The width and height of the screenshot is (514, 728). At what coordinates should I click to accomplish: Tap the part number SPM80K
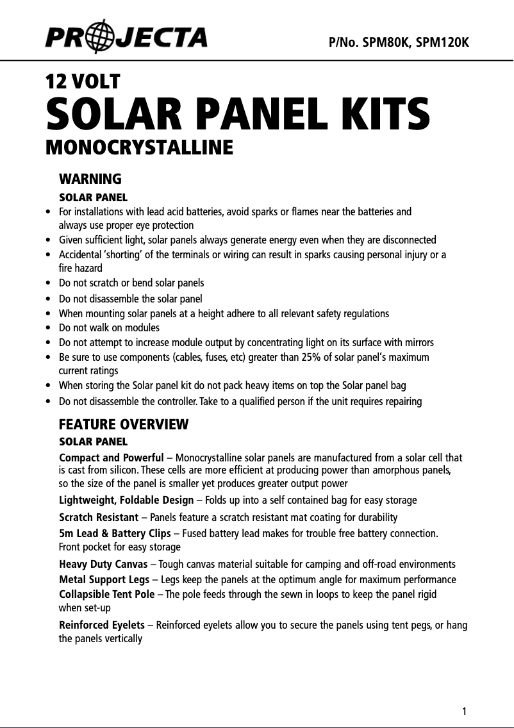(x=386, y=42)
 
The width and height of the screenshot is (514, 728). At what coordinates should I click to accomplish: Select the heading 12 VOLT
(x=83, y=81)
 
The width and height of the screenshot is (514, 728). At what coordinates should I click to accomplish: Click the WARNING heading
(x=90, y=178)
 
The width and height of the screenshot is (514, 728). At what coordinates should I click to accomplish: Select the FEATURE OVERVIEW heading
(x=124, y=424)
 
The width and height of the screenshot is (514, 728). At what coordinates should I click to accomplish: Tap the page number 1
(x=464, y=711)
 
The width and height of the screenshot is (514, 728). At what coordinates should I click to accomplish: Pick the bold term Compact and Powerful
(x=112, y=458)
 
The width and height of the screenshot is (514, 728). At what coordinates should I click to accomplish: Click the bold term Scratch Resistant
(x=99, y=517)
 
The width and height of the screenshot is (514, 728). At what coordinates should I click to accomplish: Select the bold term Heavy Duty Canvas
(x=103, y=564)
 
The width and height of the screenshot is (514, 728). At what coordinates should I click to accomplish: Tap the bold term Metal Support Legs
(x=104, y=579)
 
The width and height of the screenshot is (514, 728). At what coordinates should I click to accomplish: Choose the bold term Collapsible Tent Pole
(x=107, y=594)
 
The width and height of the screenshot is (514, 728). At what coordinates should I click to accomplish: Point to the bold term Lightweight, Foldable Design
(x=126, y=500)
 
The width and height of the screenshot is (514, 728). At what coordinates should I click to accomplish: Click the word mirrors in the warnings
(x=419, y=342)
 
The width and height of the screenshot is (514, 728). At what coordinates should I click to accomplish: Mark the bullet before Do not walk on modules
(x=49, y=328)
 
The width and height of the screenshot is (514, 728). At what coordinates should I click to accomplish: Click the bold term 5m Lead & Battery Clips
(x=115, y=534)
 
